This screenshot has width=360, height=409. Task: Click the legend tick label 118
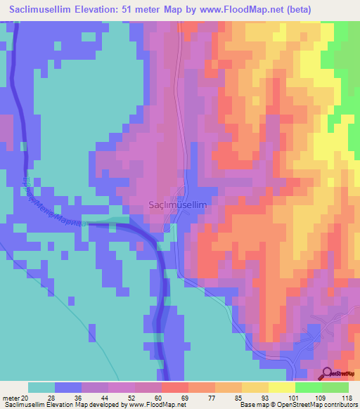click(347, 397)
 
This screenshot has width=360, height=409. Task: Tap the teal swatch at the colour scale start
click(41, 387)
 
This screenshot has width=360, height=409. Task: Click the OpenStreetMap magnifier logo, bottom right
click(328, 373)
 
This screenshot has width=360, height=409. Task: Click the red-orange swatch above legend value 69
click(175, 387)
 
